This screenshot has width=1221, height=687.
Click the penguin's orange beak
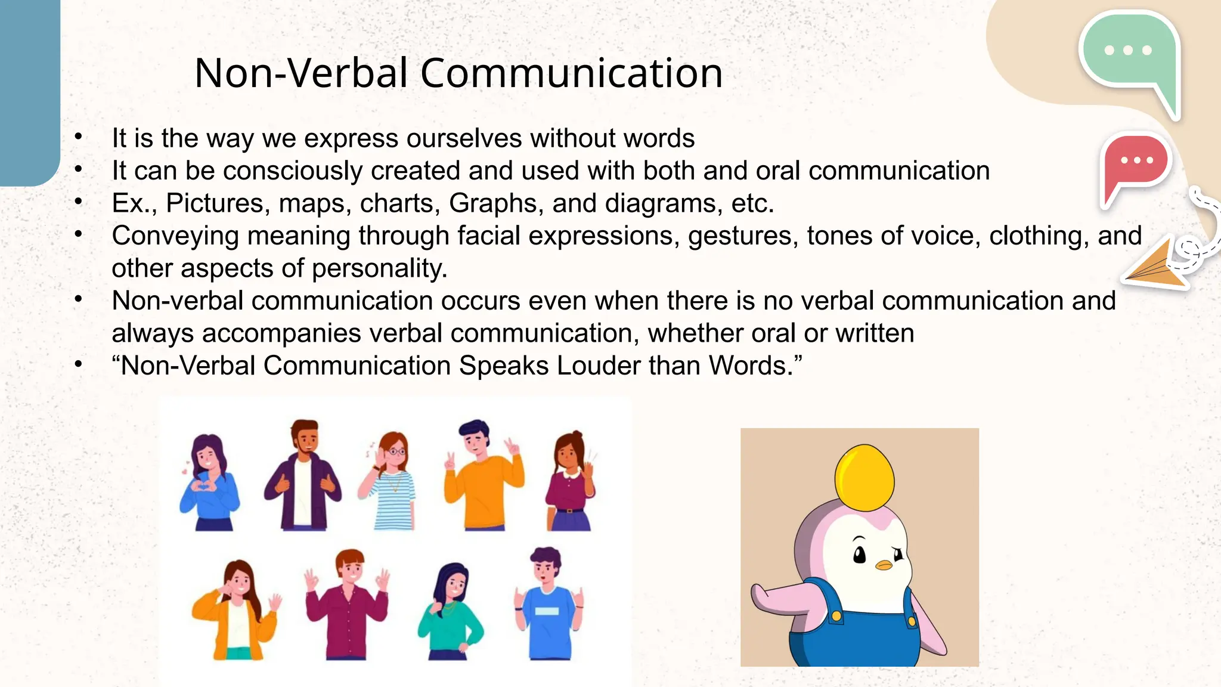click(884, 564)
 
